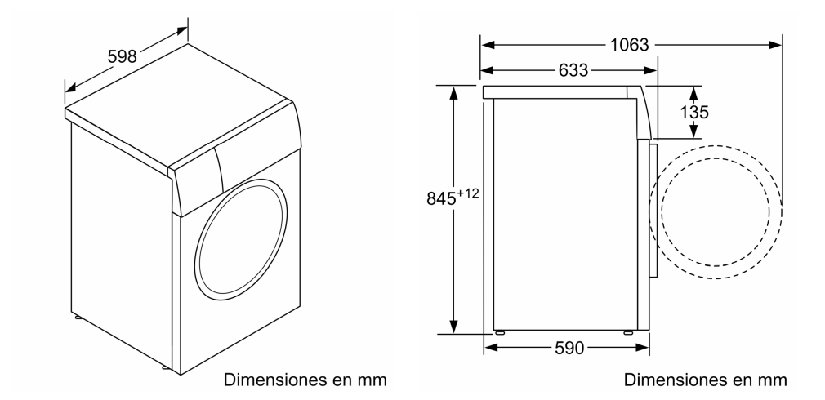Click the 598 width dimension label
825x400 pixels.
tap(122, 56)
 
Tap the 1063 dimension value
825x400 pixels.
tap(629, 45)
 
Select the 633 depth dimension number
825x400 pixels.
tap(573, 70)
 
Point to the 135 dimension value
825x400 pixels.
tap(694, 112)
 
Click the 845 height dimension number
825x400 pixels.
tap(441, 198)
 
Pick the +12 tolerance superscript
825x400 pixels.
tap(468, 194)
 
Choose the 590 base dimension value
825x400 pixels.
tap(569, 348)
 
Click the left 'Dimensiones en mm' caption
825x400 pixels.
tap(305, 380)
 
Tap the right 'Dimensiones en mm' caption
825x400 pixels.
tap(706, 380)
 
